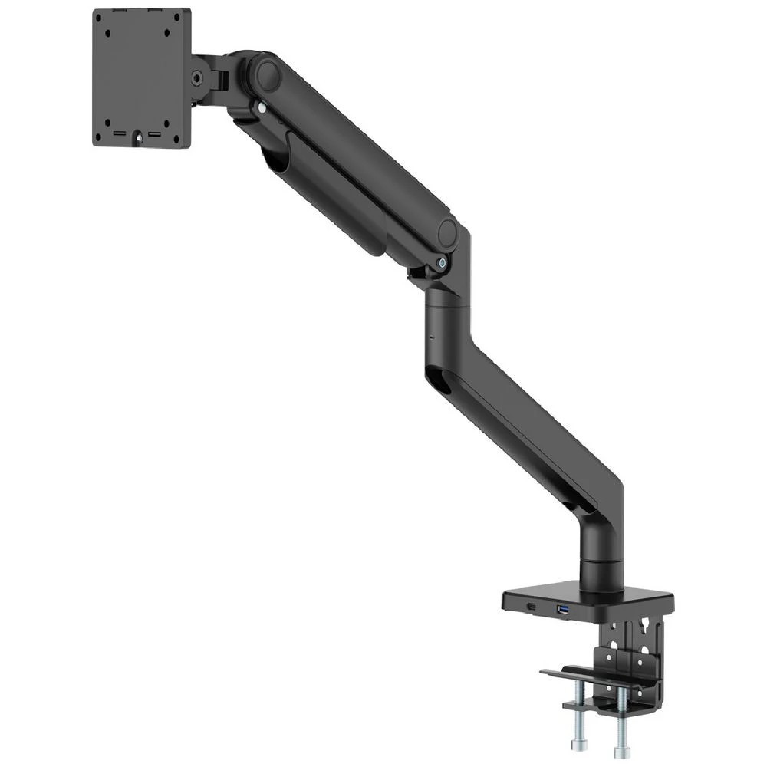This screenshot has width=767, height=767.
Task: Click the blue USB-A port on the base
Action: pyautogui.click(x=562, y=609)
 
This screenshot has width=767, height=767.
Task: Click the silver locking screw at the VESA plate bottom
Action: pyautogui.click(x=140, y=139)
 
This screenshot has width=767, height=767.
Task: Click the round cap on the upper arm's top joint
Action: pyautogui.click(x=268, y=74)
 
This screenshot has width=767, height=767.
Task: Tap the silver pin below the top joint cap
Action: pyautogui.click(x=262, y=108)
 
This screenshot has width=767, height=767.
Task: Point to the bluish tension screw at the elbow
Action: pyautogui.click(x=443, y=262)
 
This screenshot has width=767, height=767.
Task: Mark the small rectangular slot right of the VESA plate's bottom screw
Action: pyautogui.click(x=153, y=134)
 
